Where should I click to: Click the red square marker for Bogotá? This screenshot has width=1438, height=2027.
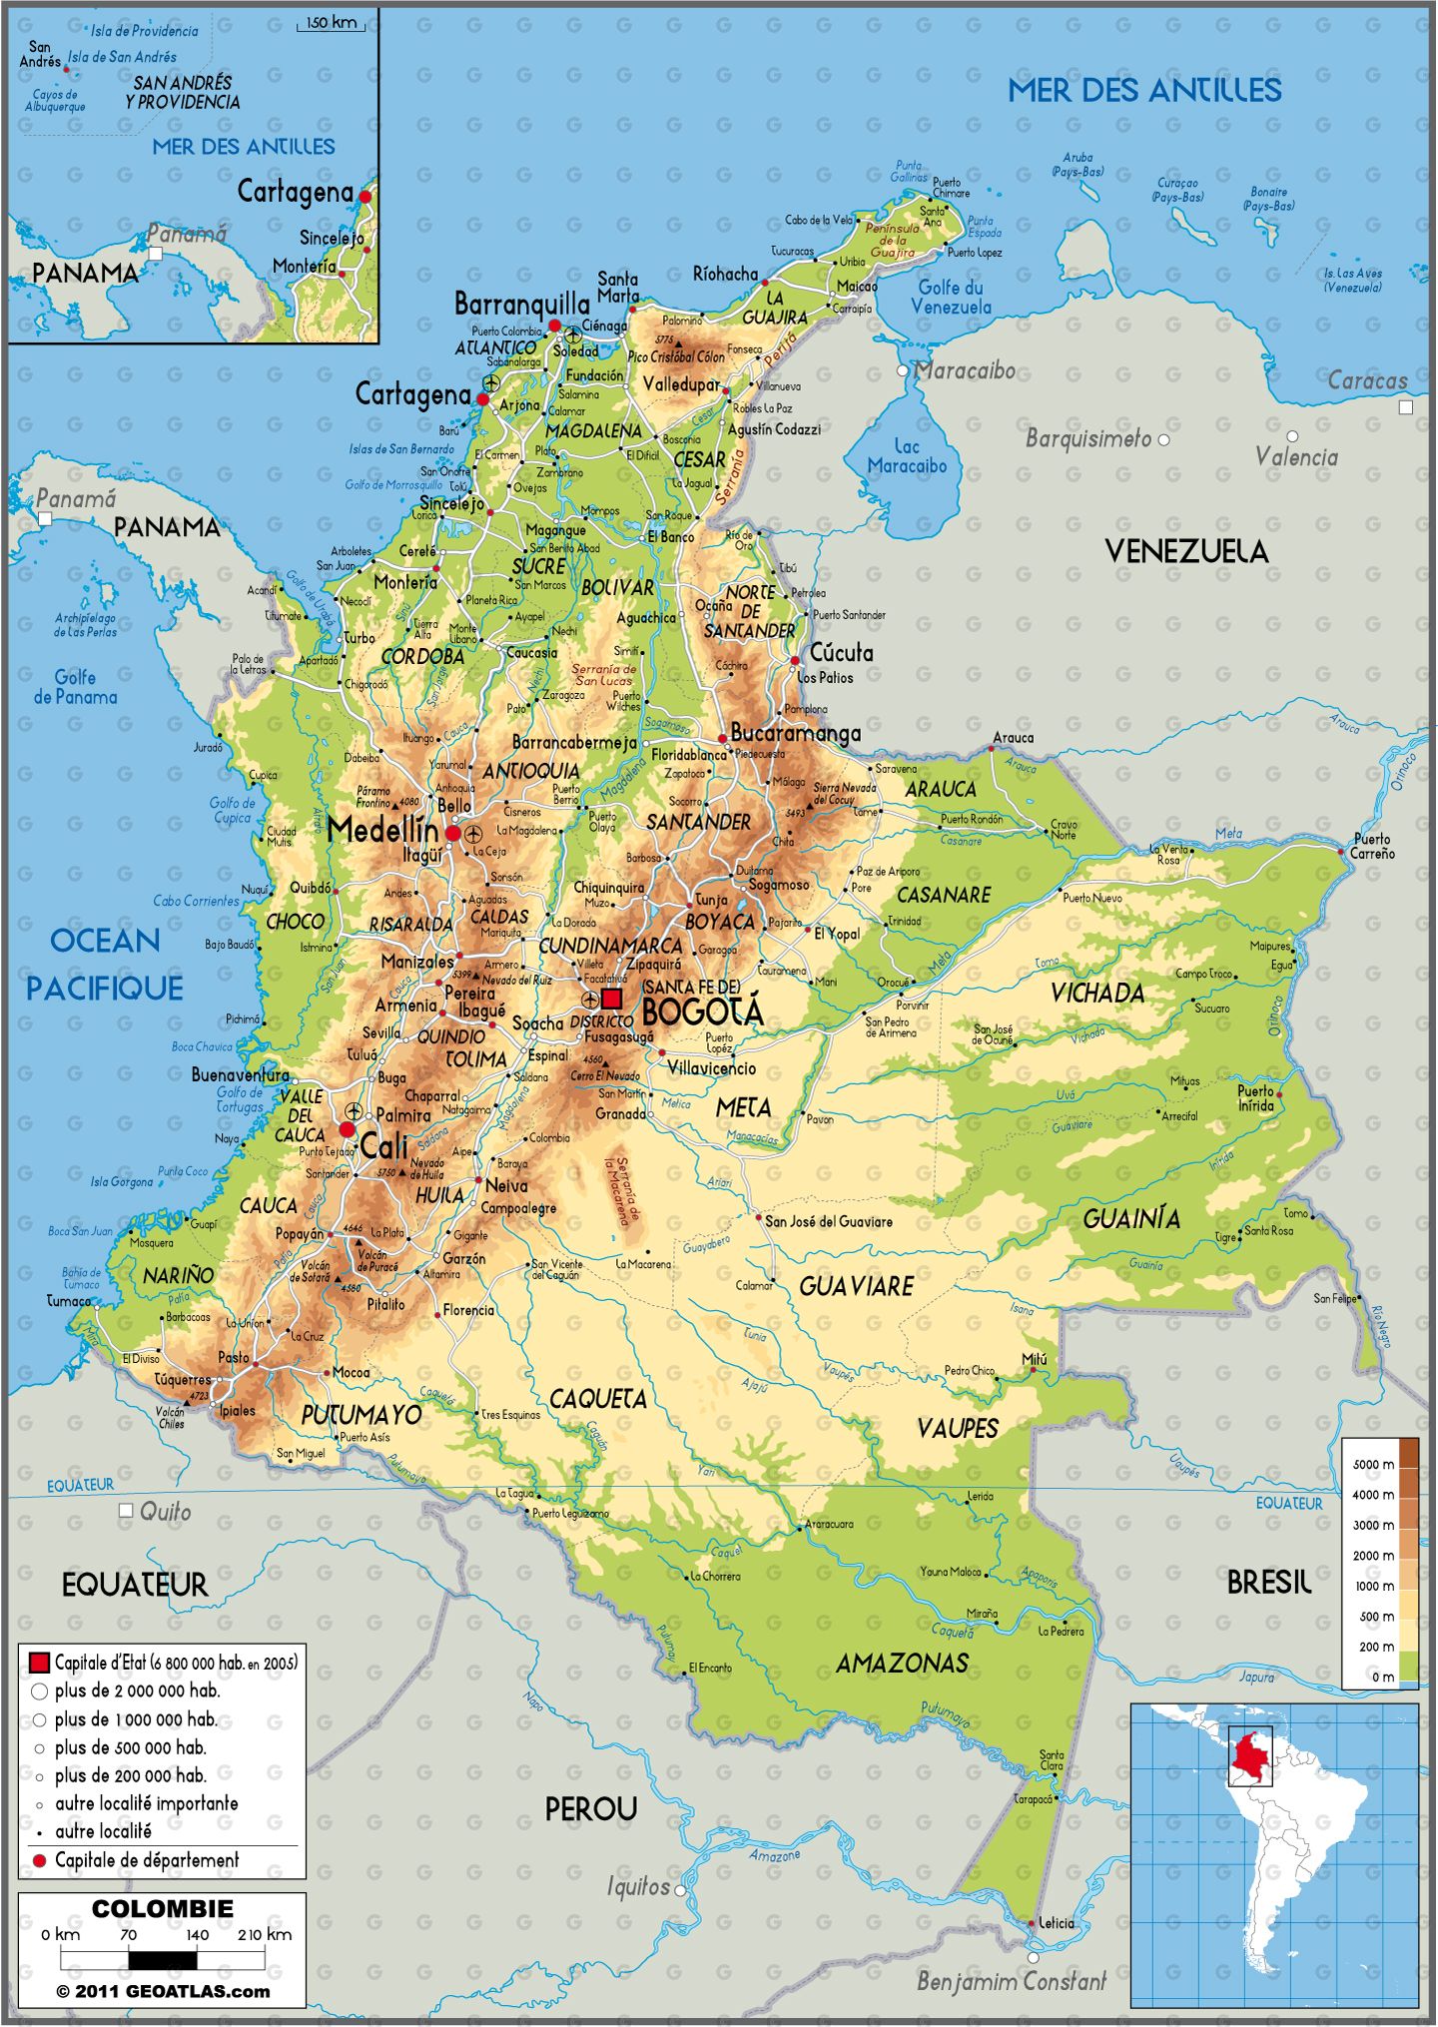[x=611, y=998]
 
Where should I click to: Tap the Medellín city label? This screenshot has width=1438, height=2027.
[x=382, y=830]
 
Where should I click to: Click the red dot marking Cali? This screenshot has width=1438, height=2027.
[x=347, y=1129]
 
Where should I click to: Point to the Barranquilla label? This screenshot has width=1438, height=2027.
[x=521, y=304]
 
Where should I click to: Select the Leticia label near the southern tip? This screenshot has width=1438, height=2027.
[x=1057, y=1922]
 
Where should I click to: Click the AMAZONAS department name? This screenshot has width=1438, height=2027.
[x=902, y=1663]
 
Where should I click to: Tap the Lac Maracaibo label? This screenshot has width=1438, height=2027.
[x=907, y=455]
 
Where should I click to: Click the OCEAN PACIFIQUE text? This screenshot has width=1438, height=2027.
[x=105, y=964]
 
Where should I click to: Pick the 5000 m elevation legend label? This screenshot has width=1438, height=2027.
[x=1373, y=1464]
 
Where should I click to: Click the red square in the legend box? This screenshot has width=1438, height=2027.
[x=39, y=1663]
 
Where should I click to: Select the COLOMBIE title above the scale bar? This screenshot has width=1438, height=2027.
[x=162, y=1908]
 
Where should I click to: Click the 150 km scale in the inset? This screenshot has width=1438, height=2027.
[x=332, y=23]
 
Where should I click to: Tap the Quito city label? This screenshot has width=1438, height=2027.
[x=165, y=1511]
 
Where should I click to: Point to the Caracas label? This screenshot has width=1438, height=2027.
[x=1367, y=380]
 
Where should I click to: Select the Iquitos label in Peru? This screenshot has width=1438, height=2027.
[x=639, y=1886]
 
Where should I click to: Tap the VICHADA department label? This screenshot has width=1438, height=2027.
[x=1096, y=993]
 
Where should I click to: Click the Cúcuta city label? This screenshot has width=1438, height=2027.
[x=841, y=653]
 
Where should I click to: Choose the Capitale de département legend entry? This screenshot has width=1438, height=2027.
[x=147, y=1860]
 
